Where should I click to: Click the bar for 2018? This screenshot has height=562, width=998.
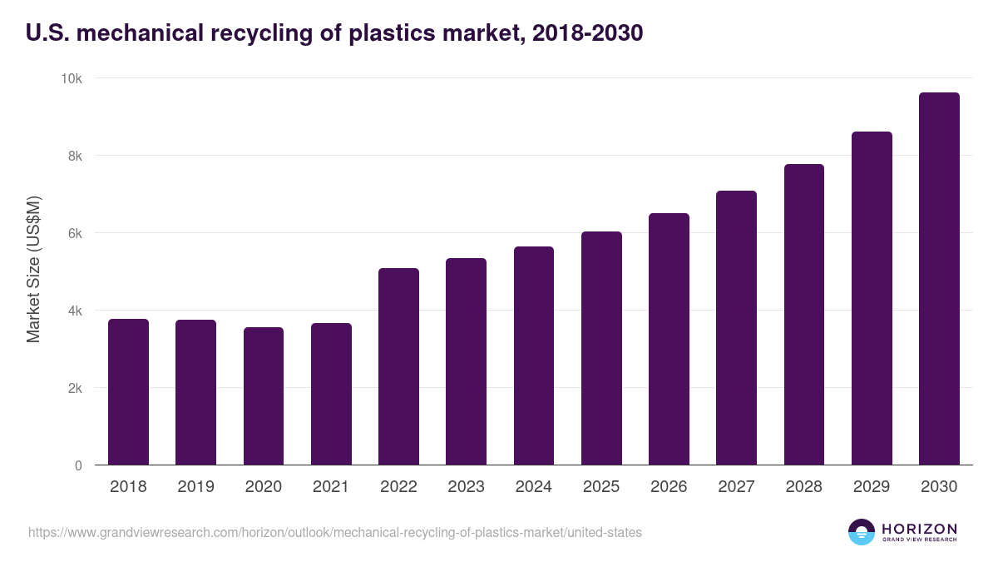point(128,392)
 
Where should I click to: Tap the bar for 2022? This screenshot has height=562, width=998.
point(398,366)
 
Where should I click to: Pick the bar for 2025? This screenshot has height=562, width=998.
point(601,348)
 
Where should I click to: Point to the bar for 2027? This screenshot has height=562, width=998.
point(736,328)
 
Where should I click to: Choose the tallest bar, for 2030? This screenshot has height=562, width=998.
point(939,279)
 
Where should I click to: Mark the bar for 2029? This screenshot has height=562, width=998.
point(872,298)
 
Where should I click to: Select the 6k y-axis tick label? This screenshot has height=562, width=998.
point(75,233)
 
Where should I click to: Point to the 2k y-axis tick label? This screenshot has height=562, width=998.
point(75,388)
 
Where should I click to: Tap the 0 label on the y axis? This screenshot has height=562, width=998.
point(78,465)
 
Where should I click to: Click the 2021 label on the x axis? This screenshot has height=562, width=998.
point(331,487)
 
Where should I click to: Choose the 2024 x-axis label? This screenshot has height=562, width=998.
point(533,487)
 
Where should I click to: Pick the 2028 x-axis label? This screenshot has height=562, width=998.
point(803,487)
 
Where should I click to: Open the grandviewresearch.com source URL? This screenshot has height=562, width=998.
point(334,532)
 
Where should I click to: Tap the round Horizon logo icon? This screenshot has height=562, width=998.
point(862,532)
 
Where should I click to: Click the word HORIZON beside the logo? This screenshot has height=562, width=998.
point(919,528)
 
